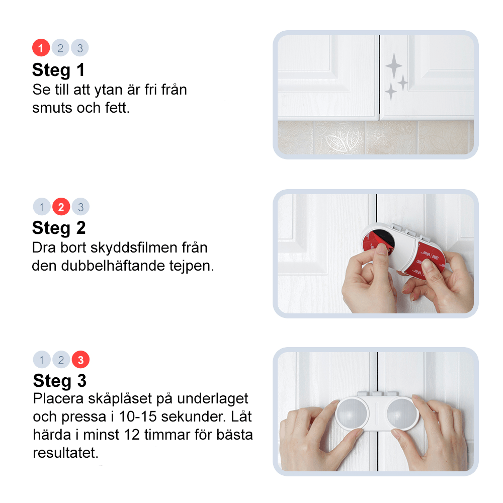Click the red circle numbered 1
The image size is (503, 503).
point(41,48)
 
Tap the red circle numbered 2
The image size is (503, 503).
point(61,207)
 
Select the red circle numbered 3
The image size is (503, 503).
point(80,360)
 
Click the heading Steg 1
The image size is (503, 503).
point(58,70)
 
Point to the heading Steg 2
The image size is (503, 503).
point(58,228)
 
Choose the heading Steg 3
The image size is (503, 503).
point(60,381)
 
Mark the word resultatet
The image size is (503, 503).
point(65,452)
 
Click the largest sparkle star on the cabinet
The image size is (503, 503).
point(394,66)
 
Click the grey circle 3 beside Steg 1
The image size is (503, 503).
point(80,48)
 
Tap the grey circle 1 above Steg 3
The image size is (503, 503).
point(42,360)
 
